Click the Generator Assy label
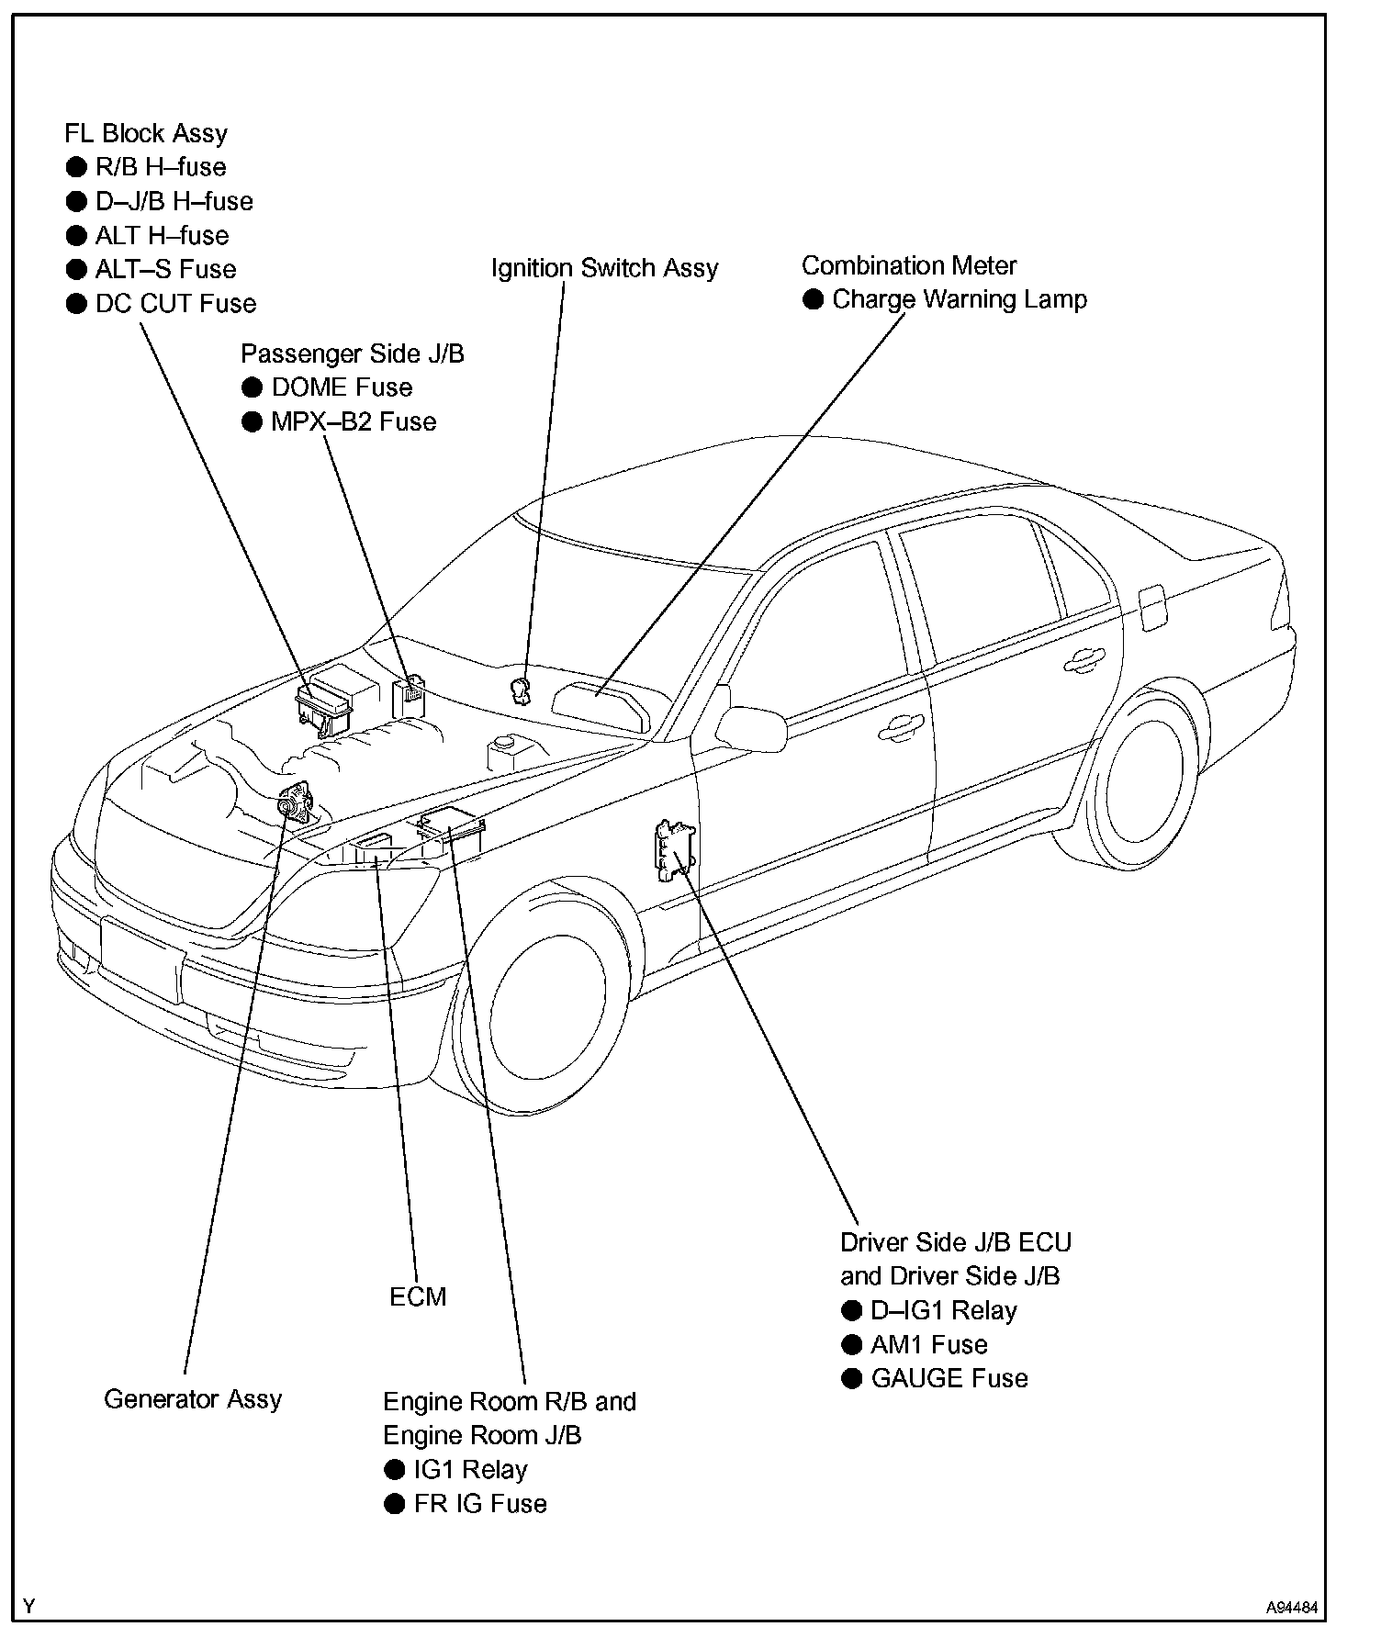(x=193, y=1399)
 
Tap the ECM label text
(x=418, y=1296)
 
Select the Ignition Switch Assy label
(x=604, y=268)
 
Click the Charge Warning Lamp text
(x=960, y=299)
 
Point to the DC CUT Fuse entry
(x=175, y=304)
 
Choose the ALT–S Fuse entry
(x=165, y=270)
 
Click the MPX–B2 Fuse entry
(x=354, y=422)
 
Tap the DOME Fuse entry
(x=342, y=387)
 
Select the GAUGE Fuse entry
(x=949, y=1378)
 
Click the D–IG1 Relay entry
(x=944, y=1310)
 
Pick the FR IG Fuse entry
(x=480, y=1504)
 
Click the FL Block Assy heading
(x=146, y=134)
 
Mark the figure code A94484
(x=1292, y=1608)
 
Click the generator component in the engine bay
(x=296, y=802)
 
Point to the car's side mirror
(x=751, y=727)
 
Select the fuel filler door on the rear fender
(x=1151, y=608)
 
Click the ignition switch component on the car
(x=522, y=688)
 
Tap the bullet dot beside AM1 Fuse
(x=852, y=1345)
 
